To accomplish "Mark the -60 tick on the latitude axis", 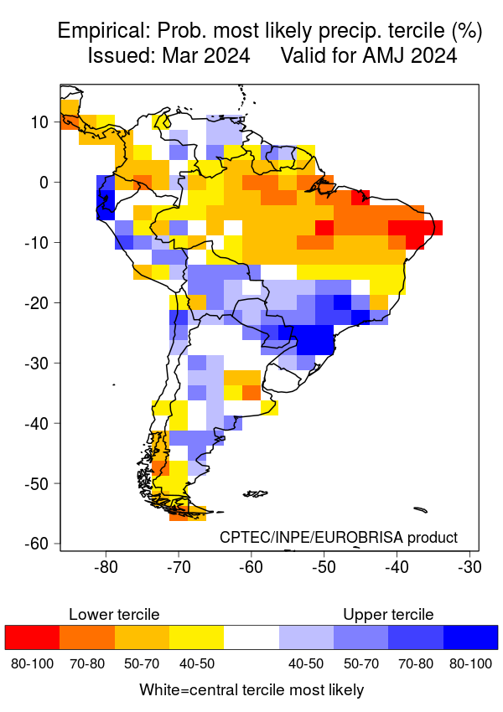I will pos(37,544).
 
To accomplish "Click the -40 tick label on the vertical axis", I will pos(37,423).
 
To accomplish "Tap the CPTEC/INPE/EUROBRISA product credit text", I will pos(339,537).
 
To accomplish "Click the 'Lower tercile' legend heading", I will pos(114,615).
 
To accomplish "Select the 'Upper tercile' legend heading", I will pos(388,615).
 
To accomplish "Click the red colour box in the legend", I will pos(32,637).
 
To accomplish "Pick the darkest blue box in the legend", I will pos(470,637).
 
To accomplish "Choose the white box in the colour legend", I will pos(251,637).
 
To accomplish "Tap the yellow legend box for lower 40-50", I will pos(196,637).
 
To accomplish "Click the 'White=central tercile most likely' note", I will pos(251,690).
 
